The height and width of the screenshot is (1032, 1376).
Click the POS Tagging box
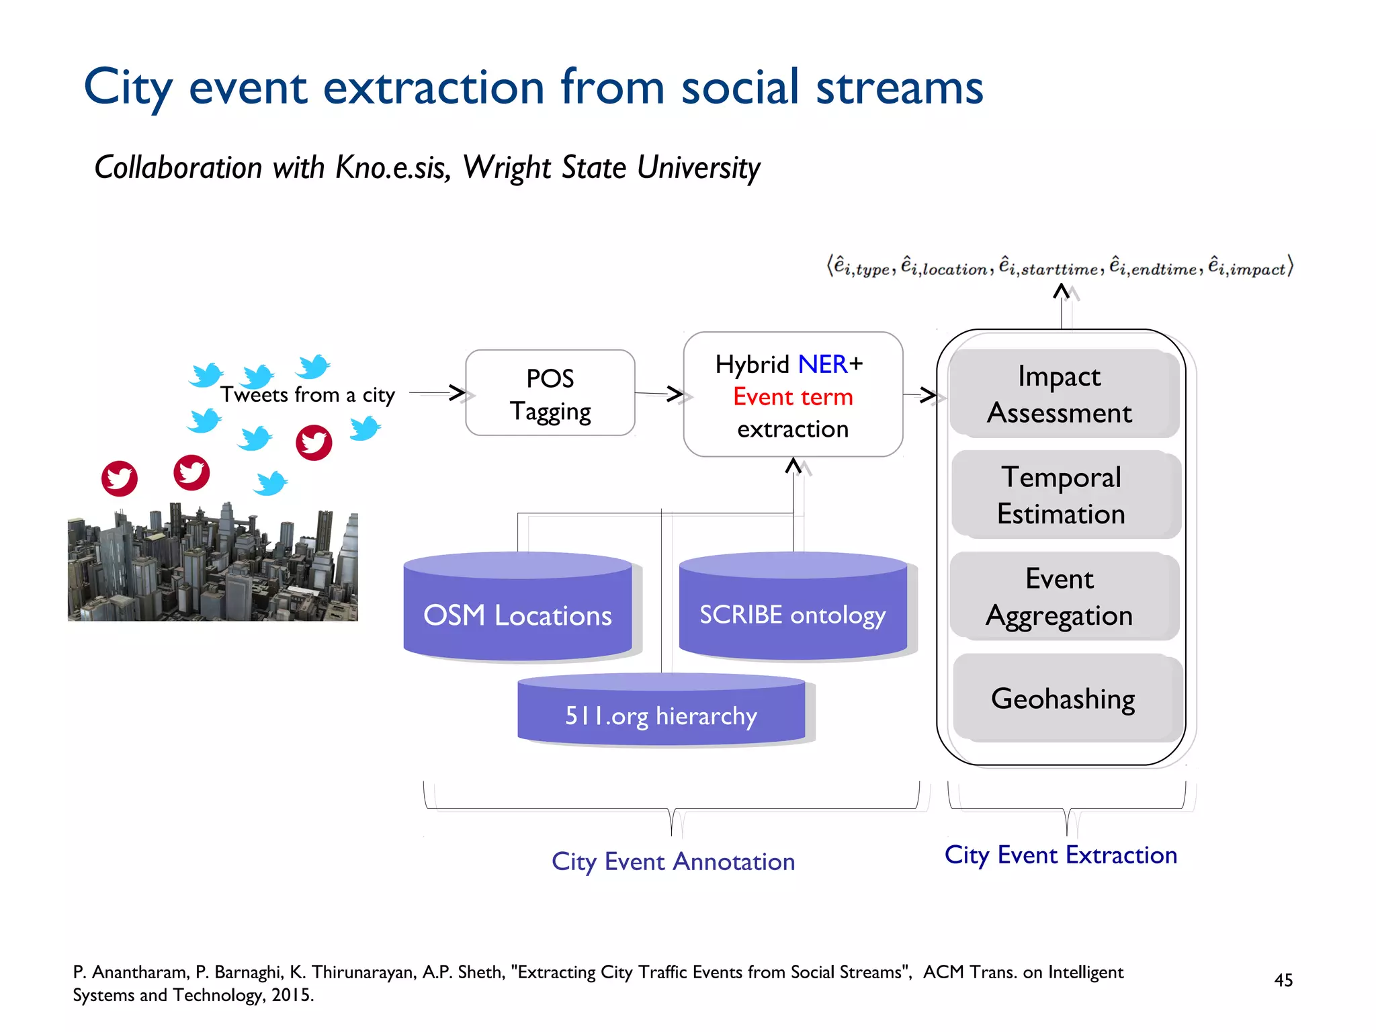(550, 394)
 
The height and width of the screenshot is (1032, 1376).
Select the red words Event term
(792, 396)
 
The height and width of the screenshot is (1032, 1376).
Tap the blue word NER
(822, 364)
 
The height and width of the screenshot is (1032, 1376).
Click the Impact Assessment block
(1060, 394)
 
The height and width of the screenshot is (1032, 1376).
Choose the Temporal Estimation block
(1061, 495)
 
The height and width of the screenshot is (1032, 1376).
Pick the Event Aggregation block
(1060, 597)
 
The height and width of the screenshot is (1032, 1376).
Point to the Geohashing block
(1063, 698)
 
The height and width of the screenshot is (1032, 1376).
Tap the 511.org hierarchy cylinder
(661, 715)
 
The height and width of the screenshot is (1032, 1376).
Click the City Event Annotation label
(673, 861)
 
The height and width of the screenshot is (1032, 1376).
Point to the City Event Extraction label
(1060, 855)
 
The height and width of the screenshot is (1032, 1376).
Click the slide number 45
(1283, 980)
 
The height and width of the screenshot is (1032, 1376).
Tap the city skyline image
(212, 564)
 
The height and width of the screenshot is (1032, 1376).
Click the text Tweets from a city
(307, 394)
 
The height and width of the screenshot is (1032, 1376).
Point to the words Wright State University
(611, 167)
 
